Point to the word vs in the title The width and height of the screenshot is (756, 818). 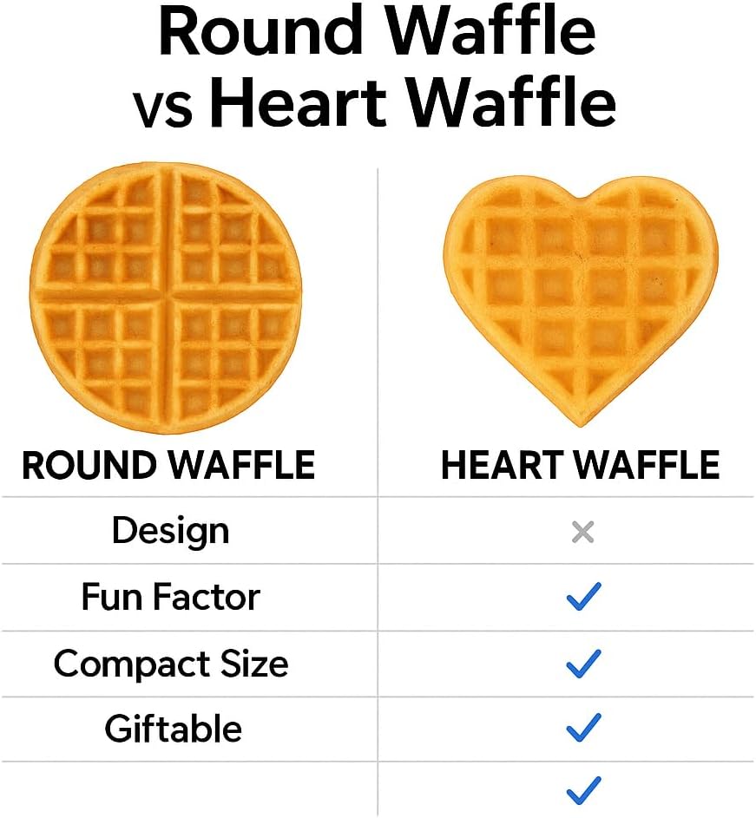pos(162,108)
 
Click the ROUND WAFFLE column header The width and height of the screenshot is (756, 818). pos(168,466)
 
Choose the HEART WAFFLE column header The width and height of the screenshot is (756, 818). pos(581,466)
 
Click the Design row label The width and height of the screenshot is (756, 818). pos(170,531)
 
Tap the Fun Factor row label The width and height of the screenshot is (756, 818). pos(170,597)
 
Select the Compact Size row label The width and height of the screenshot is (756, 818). pos(170,664)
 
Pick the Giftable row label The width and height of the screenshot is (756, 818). pos(173,729)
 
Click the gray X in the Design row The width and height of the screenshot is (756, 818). pos(583,532)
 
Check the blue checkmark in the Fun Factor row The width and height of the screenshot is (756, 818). pos(583,597)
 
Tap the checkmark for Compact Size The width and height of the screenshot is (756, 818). pos(583,664)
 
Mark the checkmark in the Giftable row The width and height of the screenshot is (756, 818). pos(583,727)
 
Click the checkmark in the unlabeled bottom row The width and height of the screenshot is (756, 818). pos(583,790)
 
